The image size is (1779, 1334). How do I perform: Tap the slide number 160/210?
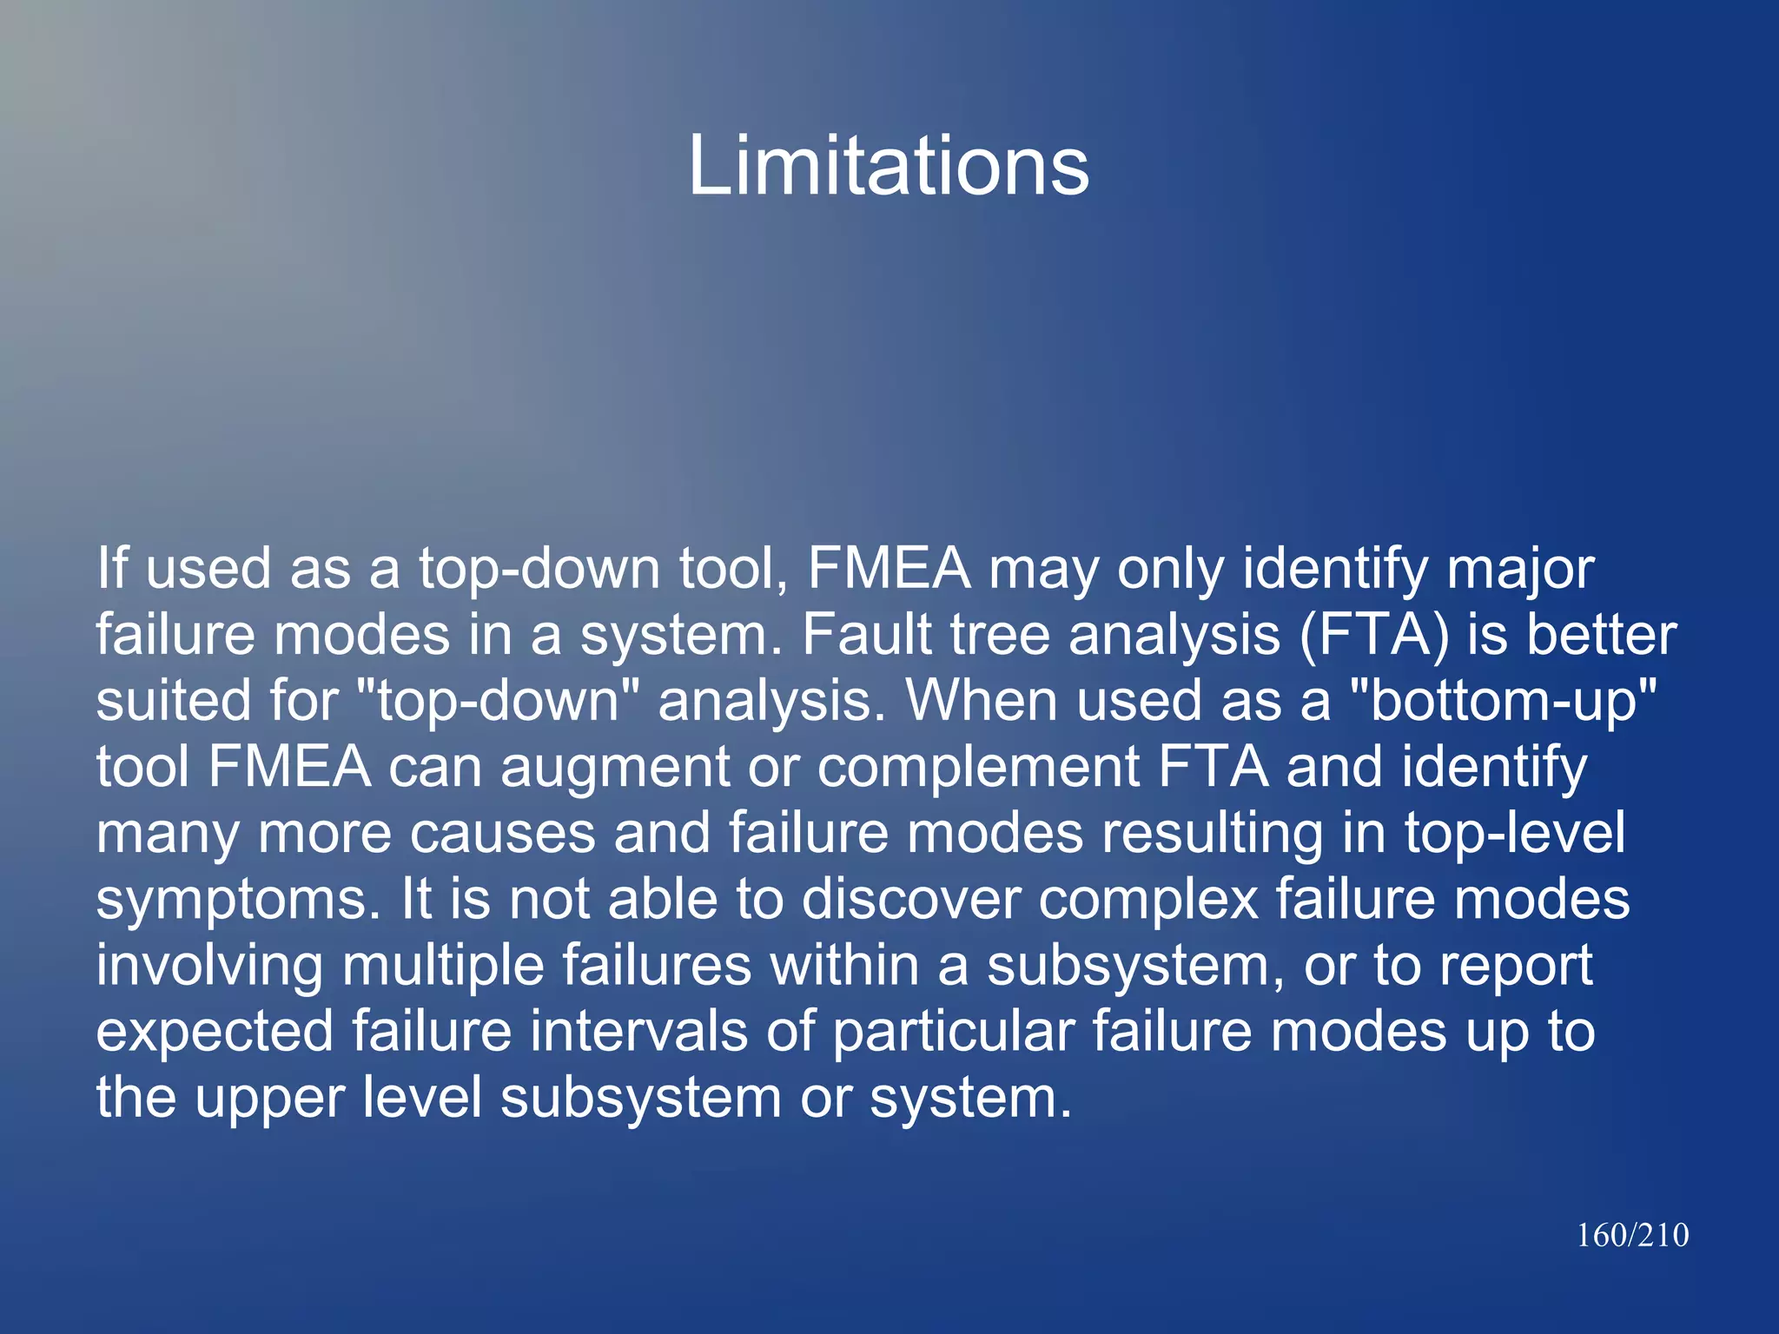coord(1632,1235)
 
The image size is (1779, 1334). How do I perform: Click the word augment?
coord(615,769)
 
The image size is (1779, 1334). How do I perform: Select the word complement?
coord(978,769)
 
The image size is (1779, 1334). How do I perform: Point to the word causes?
coord(502,833)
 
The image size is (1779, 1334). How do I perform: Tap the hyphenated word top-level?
coord(1514,833)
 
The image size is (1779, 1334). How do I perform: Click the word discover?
coord(910,899)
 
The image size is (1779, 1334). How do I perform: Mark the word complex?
coord(1148,901)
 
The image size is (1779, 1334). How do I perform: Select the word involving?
coord(209,966)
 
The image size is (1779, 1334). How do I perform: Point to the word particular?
coord(953,1033)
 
